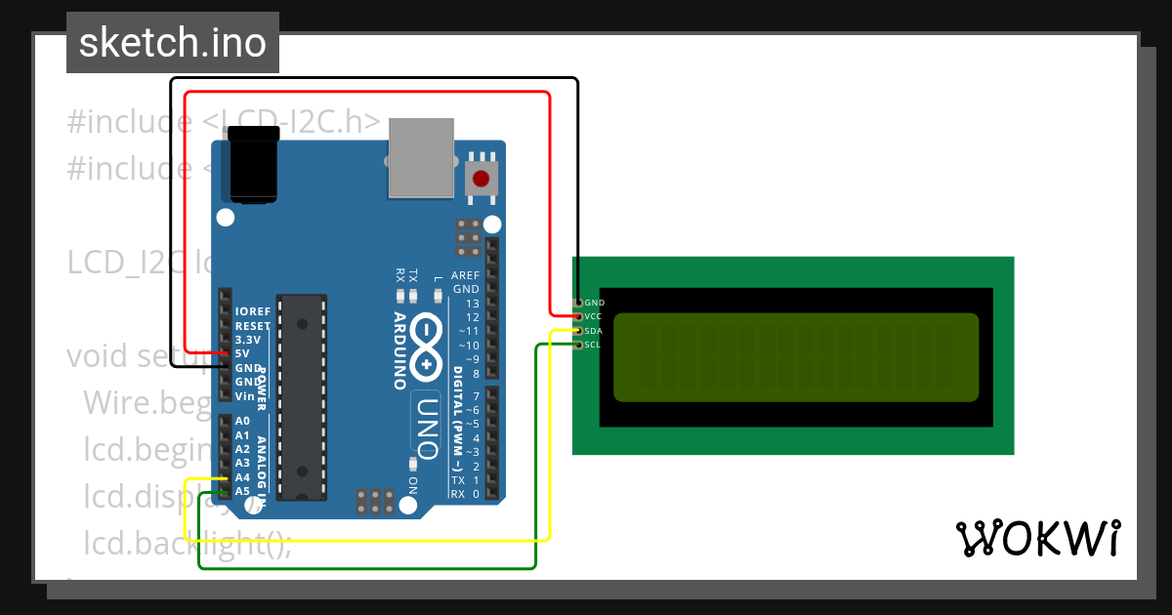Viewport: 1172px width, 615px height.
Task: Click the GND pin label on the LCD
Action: click(x=595, y=303)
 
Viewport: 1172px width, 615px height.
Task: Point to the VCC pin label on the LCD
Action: click(x=594, y=316)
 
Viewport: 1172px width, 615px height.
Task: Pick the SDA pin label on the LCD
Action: click(x=594, y=331)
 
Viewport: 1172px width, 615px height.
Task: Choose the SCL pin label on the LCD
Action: click(x=593, y=345)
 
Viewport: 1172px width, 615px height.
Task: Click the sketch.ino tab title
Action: click(x=173, y=43)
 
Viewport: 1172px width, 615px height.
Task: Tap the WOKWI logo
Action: click(x=1038, y=538)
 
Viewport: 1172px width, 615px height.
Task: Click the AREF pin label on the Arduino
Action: click(x=465, y=276)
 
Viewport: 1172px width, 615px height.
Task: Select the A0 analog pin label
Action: click(x=242, y=421)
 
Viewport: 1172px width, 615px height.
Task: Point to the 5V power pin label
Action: click(x=242, y=353)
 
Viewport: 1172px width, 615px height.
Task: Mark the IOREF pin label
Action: click(x=252, y=311)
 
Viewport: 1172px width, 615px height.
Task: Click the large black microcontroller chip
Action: click(x=301, y=396)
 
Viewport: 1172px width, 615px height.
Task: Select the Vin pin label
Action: click(x=244, y=396)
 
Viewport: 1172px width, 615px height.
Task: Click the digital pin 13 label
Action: click(x=473, y=304)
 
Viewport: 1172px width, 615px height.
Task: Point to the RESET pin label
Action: click(x=253, y=326)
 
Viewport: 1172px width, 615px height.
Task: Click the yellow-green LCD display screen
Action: click(x=795, y=356)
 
